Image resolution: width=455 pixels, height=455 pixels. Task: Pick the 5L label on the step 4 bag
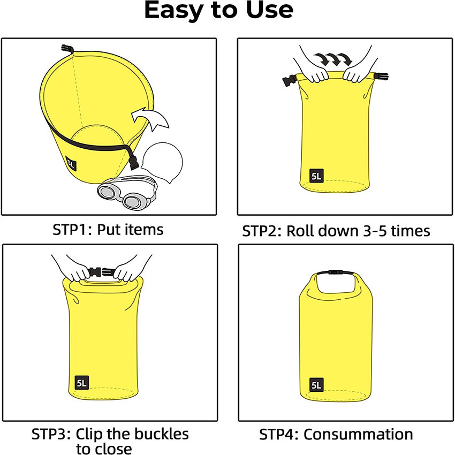pyautogui.click(x=316, y=384)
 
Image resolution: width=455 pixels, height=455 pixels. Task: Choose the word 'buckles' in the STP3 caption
pyautogui.click(x=161, y=433)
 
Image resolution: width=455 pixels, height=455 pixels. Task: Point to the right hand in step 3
pyautogui.click(x=127, y=270)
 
